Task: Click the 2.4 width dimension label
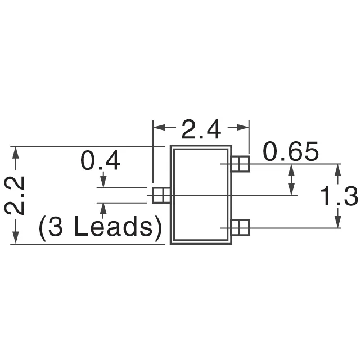(x=201, y=130)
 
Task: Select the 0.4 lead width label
(x=101, y=162)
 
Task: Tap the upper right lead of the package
(x=241, y=164)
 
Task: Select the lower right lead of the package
(x=241, y=227)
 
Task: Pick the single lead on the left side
(x=161, y=195)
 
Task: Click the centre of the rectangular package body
(x=201, y=195)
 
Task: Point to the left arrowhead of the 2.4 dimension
(x=159, y=128)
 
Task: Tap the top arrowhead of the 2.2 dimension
(x=16, y=152)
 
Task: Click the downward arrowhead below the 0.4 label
(x=103, y=183)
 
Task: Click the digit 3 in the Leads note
(x=56, y=228)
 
